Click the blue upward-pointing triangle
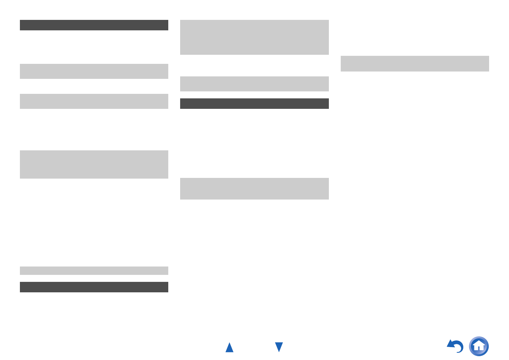click(x=229, y=348)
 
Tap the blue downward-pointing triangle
click(x=279, y=347)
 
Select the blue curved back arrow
click(x=455, y=346)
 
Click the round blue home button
click(x=479, y=346)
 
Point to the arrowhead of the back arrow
click(x=450, y=344)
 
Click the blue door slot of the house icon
click(x=479, y=348)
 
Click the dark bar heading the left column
click(x=94, y=25)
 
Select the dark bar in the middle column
click(x=254, y=104)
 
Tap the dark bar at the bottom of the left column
click(x=94, y=287)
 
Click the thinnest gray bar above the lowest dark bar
click(x=94, y=271)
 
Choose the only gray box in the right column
click(x=415, y=63)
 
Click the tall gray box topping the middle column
click(x=254, y=37)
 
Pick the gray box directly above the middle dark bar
click(x=254, y=84)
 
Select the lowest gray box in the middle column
click(x=254, y=189)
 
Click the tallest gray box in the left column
click(x=94, y=164)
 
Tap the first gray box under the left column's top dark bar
click(x=94, y=71)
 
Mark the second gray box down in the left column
click(x=94, y=101)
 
